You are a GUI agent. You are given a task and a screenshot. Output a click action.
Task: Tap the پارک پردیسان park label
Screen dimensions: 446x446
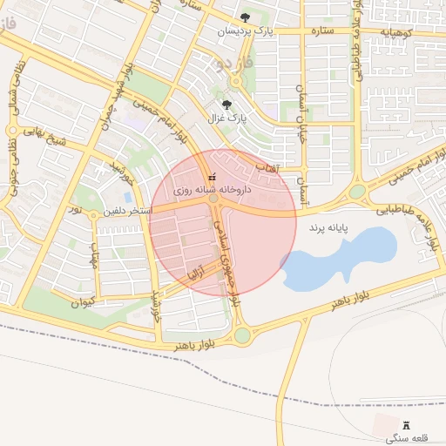click(245, 31)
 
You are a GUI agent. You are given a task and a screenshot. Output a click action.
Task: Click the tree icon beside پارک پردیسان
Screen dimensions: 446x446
click(245, 17)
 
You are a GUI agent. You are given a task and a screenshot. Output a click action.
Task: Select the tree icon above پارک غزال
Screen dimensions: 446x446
click(227, 105)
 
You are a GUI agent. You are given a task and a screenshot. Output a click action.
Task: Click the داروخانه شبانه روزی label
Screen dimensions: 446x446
click(213, 188)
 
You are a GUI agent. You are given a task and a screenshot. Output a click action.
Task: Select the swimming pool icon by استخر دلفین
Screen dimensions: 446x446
click(128, 198)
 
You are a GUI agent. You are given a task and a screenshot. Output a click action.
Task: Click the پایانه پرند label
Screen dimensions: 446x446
click(327, 228)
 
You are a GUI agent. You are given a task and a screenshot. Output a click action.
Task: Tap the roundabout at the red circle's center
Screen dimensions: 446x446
click(214, 199)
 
